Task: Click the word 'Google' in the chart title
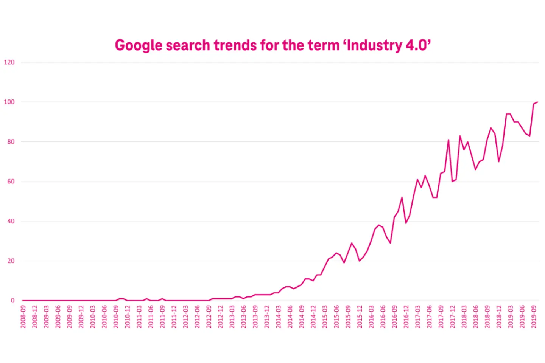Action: (139, 45)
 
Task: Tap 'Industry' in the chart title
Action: (374, 45)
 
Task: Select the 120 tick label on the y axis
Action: (9, 62)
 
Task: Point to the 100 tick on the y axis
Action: (9, 102)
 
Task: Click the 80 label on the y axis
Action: (11, 142)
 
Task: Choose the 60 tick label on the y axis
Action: (11, 181)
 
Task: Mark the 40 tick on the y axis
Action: (11, 221)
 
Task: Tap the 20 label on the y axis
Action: (11, 261)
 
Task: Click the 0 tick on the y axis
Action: (12, 301)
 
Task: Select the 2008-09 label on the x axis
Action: (23, 317)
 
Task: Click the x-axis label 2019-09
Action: (534, 317)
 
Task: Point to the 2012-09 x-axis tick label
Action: (209, 317)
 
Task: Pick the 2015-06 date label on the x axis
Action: (336, 317)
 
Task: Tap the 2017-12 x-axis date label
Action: (453, 317)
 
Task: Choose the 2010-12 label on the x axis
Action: (128, 317)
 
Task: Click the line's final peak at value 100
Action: (537, 102)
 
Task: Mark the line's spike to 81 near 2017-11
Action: (448, 140)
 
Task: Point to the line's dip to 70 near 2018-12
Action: (499, 161)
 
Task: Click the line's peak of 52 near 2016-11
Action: (402, 197)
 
